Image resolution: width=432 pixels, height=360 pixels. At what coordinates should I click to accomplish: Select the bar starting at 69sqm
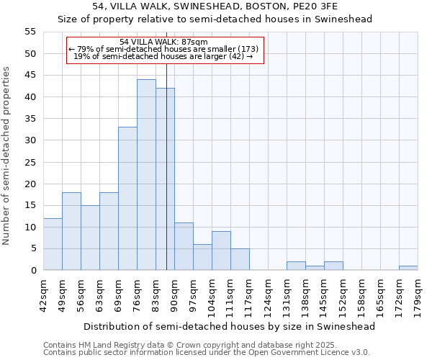[127, 199]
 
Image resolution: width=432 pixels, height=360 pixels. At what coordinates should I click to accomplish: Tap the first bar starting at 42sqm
[53, 244]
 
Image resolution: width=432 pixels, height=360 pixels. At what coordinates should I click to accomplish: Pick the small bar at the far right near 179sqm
[408, 268]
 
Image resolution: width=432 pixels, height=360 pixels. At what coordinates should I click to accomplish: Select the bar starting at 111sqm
[240, 259]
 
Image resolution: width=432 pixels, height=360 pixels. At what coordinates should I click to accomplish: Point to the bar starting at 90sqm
[184, 246]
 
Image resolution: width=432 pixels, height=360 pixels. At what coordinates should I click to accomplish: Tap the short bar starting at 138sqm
[315, 268]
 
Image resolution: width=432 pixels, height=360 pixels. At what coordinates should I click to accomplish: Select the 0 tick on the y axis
[33, 271]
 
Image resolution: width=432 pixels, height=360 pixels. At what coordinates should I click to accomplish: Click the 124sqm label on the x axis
[268, 295]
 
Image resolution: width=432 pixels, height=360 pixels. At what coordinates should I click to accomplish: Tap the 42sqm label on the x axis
[43, 295]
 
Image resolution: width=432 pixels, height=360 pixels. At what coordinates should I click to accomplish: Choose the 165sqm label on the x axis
[380, 295]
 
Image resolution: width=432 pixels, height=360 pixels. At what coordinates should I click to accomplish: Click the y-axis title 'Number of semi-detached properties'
[7, 156]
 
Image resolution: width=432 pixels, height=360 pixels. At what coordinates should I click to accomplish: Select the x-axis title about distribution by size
[230, 326]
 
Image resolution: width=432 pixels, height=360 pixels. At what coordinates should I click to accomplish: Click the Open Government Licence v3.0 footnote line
[207, 352]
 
